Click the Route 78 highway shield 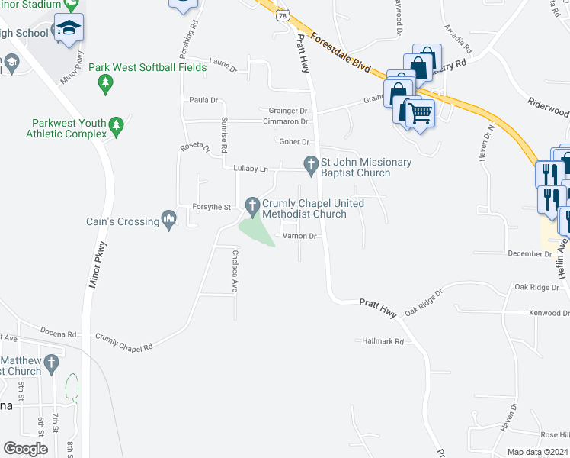point(283,15)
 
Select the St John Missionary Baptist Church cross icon point(310,163)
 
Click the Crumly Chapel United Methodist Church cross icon point(253,204)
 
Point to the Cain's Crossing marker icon point(170,221)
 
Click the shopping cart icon point(420,113)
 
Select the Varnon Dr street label point(299,237)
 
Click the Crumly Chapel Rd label point(123,341)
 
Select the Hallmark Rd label point(383,341)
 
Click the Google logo point(25,449)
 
